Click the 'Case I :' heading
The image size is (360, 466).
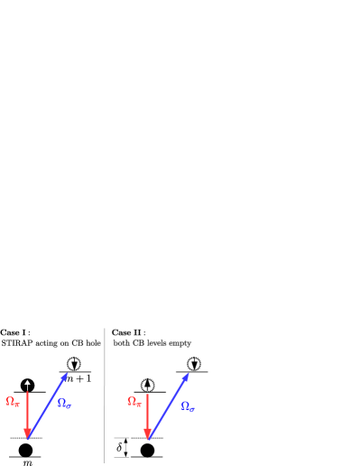click(x=15, y=332)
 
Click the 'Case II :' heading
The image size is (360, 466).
click(x=128, y=332)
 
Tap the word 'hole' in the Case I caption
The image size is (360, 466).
click(x=92, y=343)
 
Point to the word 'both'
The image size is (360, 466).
click(x=122, y=343)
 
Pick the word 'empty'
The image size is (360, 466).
click(x=180, y=343)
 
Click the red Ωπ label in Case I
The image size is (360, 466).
click(x=13, y=401)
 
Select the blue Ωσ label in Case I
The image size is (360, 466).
click(x=64, y=403)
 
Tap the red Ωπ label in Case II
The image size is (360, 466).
click(x=134, y=401)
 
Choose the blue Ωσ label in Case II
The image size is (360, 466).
click(x=188, y=406)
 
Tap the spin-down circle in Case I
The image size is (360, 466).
click(x=74, y=364)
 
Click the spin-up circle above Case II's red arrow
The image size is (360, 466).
click(x=148, y=386)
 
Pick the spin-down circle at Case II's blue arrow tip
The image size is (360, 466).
click(x=194, y=364)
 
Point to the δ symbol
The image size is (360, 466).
click(x=119, y=446)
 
